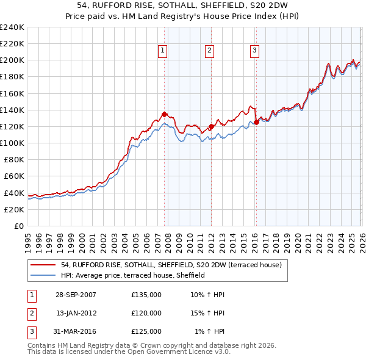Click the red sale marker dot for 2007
pyautogui.click(x=165, y=114)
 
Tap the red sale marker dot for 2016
pyautogui.click(x=256, y=122)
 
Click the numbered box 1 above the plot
pyautogui.click(x=163, y=51)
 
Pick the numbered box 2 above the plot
pyautogui.click(x=209, y=51)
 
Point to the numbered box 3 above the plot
pyautogui.click(x=254, y=51)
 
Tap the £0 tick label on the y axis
pyautogui.click(x=18, y=226)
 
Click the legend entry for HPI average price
pyautogui.click(x=132, y=276)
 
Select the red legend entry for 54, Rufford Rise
pyautogui.click(x=171, y=265)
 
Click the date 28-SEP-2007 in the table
pyautogui.click(x=76, y=295)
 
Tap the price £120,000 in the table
pyautogui.click(x=146, y=313)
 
